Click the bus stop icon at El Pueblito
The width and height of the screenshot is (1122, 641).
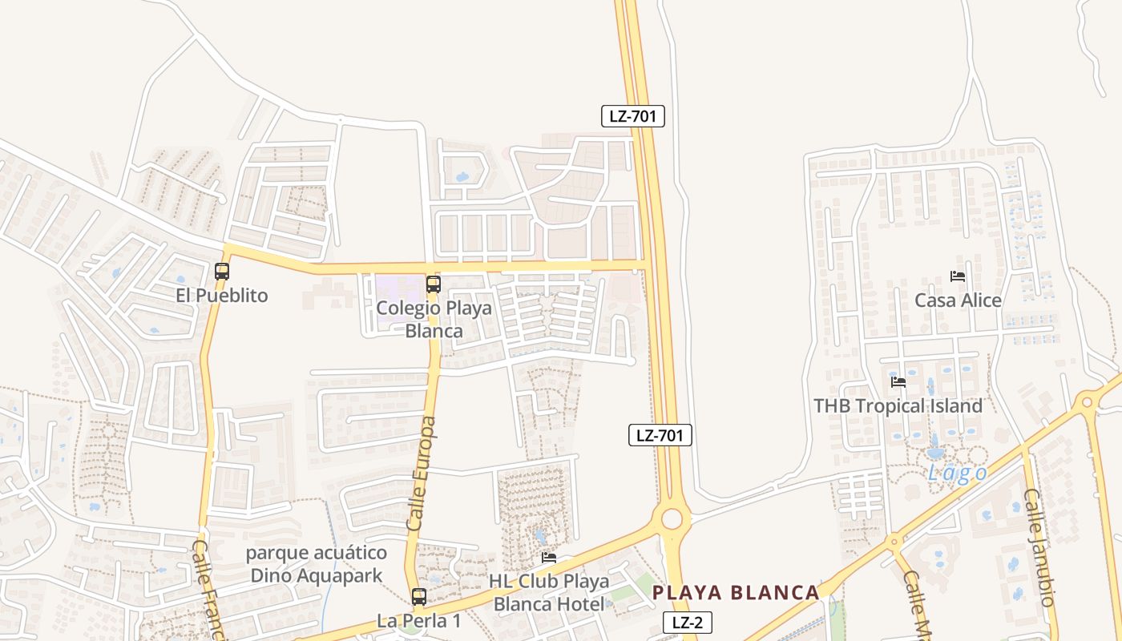tap(222, 272)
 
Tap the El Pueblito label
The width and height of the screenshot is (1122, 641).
tap(222, 296)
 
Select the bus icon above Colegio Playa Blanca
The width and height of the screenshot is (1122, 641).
tap(434, 284)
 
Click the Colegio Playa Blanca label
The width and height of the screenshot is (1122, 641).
tap(434, 319)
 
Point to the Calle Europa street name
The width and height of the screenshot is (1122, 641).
tap(422, 473)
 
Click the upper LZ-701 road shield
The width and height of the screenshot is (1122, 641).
tap(633, 116)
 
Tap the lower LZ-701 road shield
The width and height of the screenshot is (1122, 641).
tap(660, 436)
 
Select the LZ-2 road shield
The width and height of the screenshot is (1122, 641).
tap(688, 623)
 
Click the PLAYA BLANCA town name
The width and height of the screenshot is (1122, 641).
tap(736, 593)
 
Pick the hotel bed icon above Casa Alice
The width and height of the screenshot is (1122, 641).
tap(958, 276)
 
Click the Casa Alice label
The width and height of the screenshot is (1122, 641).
tap(959, 300)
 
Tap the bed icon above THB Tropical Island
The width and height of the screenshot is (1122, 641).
tap(898, 382)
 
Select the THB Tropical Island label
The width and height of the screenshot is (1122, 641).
tap(898, 406)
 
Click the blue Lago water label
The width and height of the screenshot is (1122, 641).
tap(958, 474)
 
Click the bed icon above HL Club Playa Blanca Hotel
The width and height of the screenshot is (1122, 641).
tap(549, 558)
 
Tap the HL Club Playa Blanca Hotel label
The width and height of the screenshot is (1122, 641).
tap(550, 593)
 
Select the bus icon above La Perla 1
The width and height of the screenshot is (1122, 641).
tap(419, 596)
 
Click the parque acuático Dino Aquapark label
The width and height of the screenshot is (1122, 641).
tap(317, 564)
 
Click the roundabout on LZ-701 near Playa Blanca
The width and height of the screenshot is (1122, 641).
tap(672, 519)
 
